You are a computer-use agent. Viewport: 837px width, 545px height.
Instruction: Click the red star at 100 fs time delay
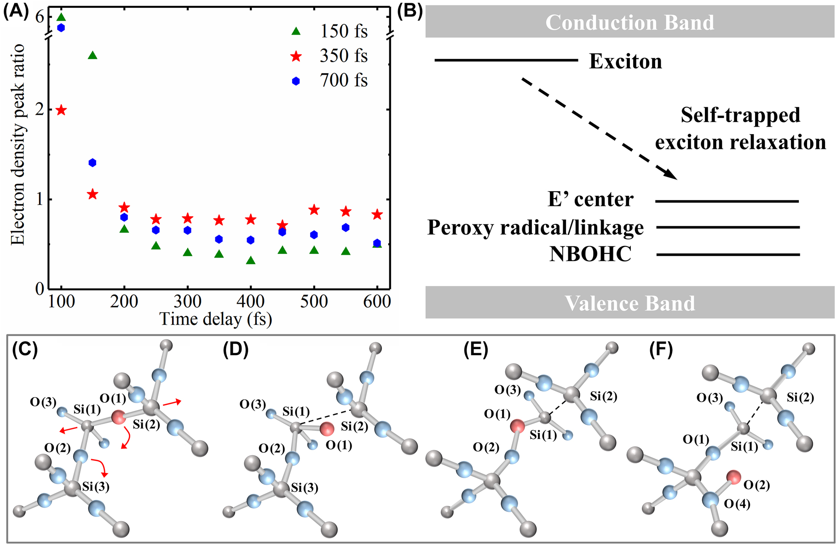[x=61, y=110]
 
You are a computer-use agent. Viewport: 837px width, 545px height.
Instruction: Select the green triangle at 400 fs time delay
[x=251, y=260]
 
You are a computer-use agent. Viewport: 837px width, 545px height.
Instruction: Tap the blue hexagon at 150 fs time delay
[x=92, y=163]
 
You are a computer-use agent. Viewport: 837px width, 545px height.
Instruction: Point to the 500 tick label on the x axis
[x=314, y=302]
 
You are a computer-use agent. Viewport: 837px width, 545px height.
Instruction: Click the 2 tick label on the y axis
[x=40, y=109]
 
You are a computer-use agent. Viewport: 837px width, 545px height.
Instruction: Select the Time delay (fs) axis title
[x=215, y=319]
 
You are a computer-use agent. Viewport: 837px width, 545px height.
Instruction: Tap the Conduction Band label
[x=629, y=22]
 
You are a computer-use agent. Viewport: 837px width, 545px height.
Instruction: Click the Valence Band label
[x=629, y=303]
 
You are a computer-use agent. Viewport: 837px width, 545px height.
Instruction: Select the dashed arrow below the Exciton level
[x=598, y=129]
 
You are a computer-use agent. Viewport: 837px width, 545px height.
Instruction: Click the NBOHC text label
[x=590, y=254]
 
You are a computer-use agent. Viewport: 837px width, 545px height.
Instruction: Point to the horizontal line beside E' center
[x=727, y=201]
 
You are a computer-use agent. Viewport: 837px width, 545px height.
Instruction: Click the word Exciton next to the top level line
[x=625, y=61]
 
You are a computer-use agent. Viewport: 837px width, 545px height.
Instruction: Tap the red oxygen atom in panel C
[x=118, y=417]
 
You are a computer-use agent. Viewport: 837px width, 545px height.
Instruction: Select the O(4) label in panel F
[x=737, y=504]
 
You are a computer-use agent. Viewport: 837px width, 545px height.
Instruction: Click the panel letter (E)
[x=476, y=350]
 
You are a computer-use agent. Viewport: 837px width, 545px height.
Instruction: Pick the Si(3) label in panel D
[x=305, y=488]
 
